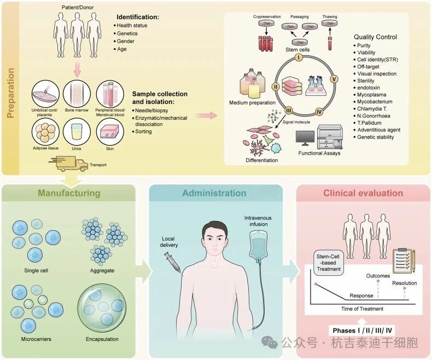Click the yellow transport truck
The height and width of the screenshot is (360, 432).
[x=69, y=164]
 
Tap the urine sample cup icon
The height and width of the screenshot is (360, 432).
[x=77, y=132]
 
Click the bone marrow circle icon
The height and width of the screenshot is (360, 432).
[x=77, y=94]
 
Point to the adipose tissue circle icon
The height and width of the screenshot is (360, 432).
[x=45, y=132]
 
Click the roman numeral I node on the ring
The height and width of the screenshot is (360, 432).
[x=299, y=57]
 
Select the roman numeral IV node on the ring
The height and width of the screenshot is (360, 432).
[x=319, y=112]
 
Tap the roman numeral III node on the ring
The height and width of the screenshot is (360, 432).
[x=288, y=111]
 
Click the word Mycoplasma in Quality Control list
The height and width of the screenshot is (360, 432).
[x=372, y=95]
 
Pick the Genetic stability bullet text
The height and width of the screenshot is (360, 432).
[x=376, y=137]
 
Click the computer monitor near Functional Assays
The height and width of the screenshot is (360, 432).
[x=305, y=138]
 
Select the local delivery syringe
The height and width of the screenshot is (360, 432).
[x=172, y=262]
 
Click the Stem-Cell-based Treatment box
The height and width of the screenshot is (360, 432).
[x=329, y=263]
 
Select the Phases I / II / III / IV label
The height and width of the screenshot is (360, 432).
[x=363, y=330]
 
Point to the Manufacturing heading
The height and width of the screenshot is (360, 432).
[x=69, y=193]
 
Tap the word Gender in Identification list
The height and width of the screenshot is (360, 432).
[x=126, y=41]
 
